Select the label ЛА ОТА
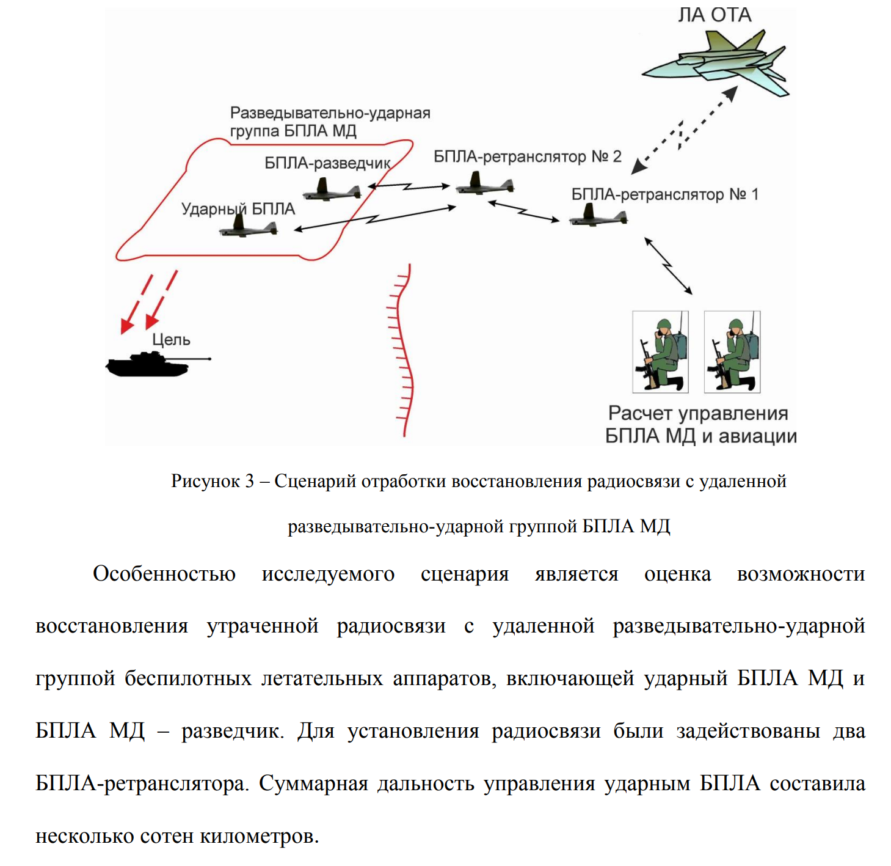click(714, 15)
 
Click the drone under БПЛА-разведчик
click(332, 190)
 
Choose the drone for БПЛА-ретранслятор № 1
click(598, 215)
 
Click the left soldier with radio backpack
click(660, 352)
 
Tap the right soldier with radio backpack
click(732, 352)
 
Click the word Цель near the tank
click(171, 340)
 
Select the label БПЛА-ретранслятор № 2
click(527, 156)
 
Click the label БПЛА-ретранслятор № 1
click(664, 194)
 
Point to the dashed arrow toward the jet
click(684, 131)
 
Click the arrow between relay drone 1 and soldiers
click(668, 266)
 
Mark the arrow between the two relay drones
click(523, 211)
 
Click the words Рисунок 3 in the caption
click(213, 481)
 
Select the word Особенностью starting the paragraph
click(164, 574)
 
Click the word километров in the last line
click(259, 836)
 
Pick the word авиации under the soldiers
click(757, 436)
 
